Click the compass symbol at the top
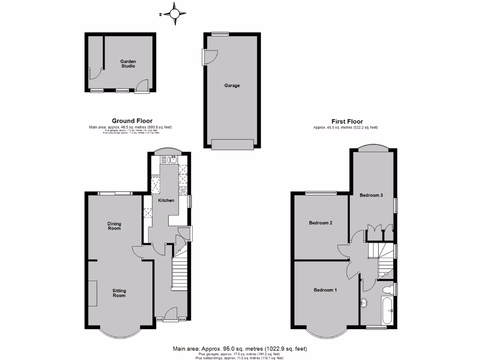point(174,14)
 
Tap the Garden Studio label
point(127,64)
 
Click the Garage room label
point(232,86)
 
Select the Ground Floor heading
point(132,121)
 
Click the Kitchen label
point(166,201)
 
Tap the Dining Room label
point(114,226)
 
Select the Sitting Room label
point(119,293)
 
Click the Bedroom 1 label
point(325,290)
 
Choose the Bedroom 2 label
point(321,223)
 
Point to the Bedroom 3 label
point(372,195)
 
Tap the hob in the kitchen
point(183,190)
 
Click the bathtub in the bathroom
point(388,310)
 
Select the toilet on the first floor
point(388,288)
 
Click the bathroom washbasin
point(363,303)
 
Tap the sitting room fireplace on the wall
point(92,293)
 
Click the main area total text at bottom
point(240,349)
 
